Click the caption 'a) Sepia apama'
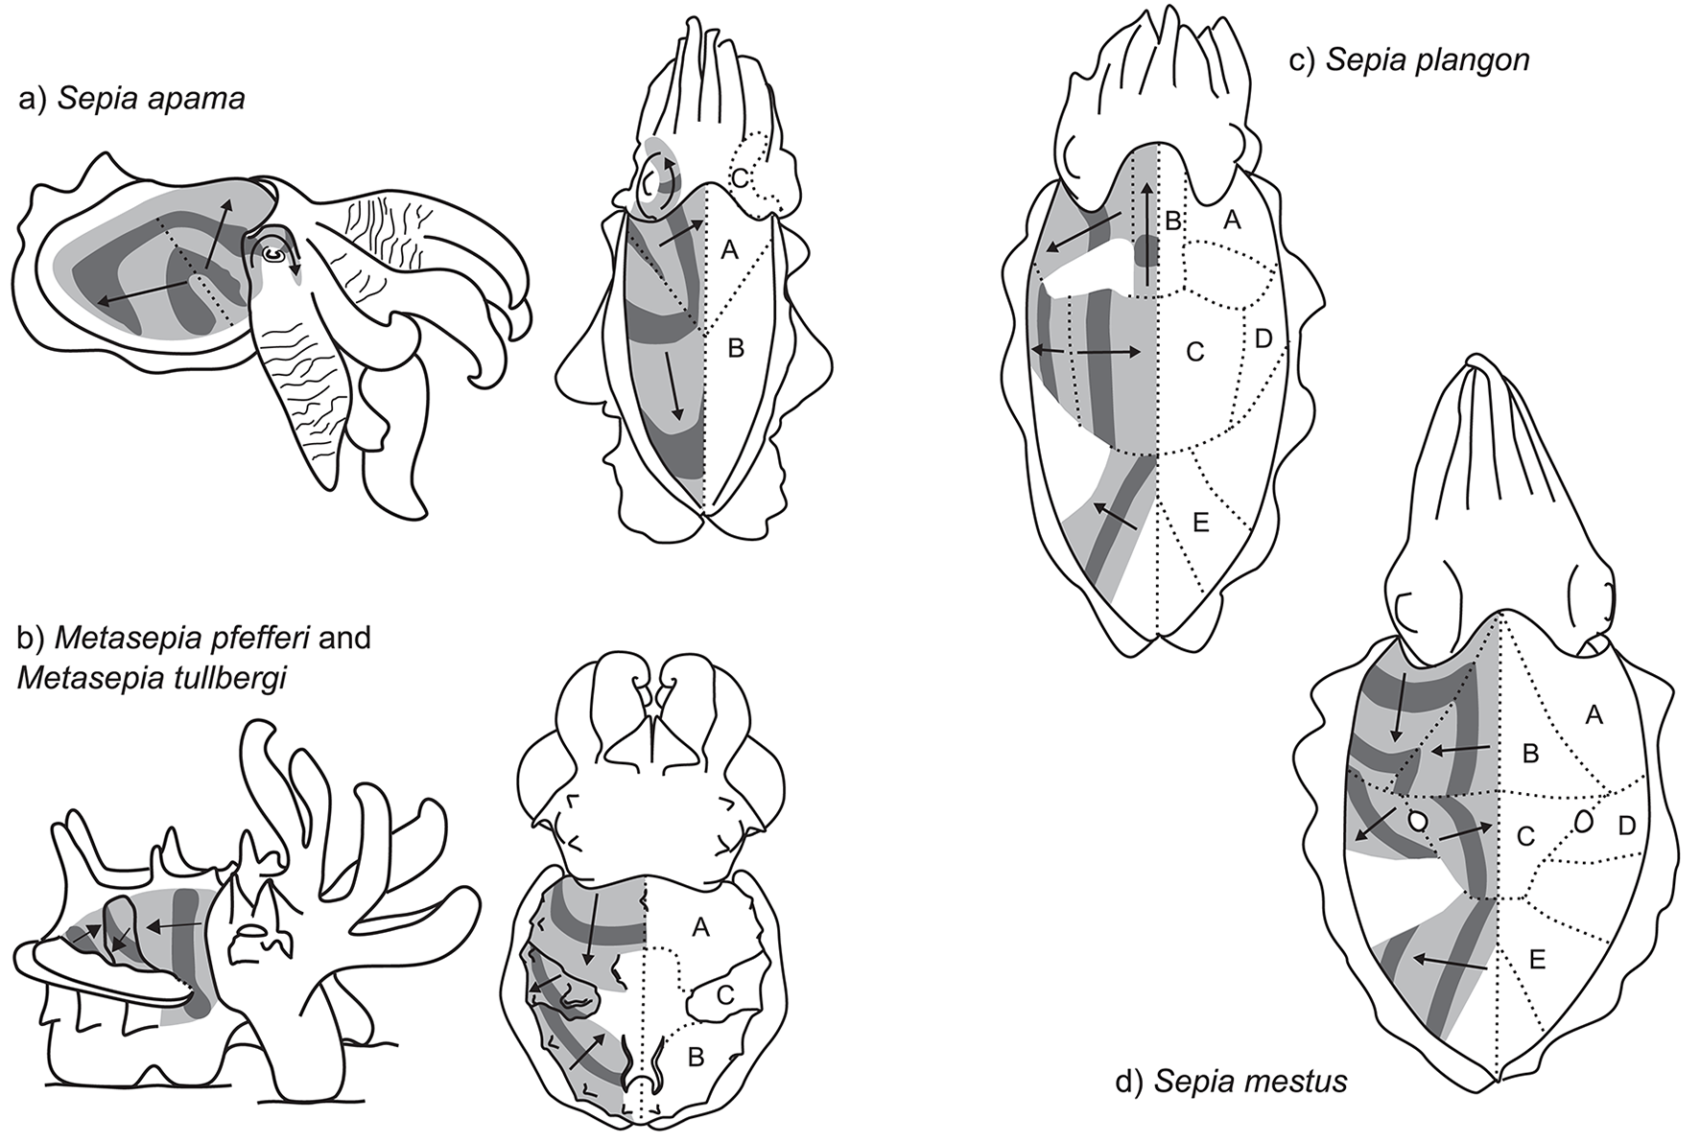tap(131, 99)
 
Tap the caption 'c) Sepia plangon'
tap(1408, 60)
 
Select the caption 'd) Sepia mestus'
tap(1231, 1083)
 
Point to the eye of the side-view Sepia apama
tap(273, 254)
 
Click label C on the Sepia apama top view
tap(740, 176)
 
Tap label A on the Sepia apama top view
tap(729, 250)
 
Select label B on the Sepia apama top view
tap(736, 348)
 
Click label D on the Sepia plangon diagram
tap(1263, 338)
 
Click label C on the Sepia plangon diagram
tap(1194, 353)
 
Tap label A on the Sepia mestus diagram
tap(1594, 713)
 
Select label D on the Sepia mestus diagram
tap(1627, 825)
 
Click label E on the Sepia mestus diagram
tap(1536, 960)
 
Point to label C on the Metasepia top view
tap(725, 995)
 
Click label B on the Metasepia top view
tap(697, 1058)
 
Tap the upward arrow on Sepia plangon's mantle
tap(1147, 221)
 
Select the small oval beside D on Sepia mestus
tap(1583, 822)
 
